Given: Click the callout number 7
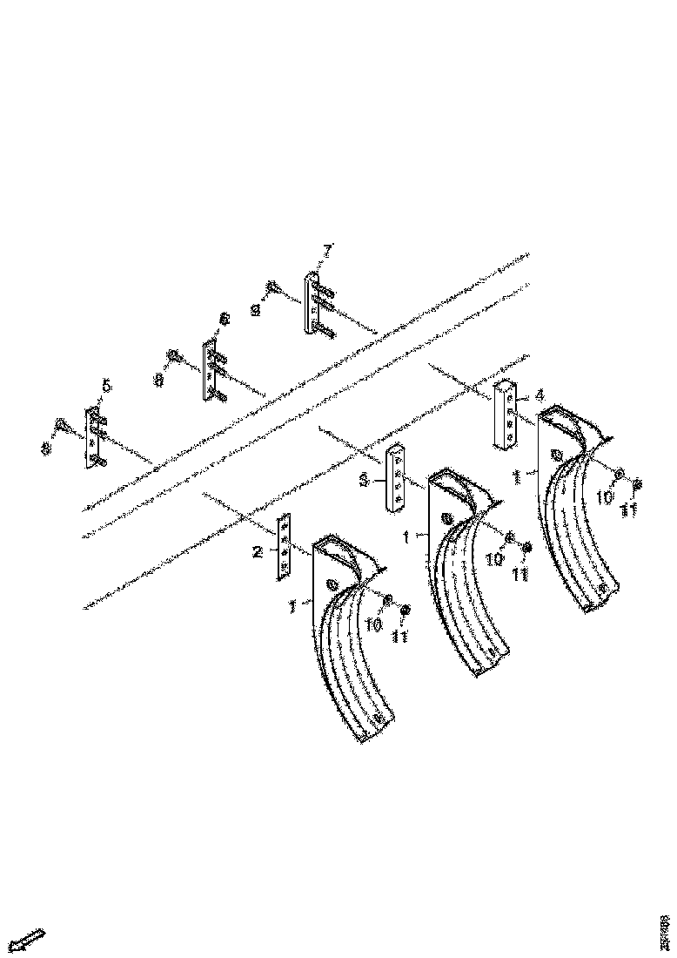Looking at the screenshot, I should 327,251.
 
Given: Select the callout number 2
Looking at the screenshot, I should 258,550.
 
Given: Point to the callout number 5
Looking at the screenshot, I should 106,385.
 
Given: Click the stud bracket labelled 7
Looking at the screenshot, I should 312,302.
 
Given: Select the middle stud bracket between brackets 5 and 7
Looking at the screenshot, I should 210,369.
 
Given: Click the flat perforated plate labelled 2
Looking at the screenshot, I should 285,547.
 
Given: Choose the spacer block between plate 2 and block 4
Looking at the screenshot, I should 396,479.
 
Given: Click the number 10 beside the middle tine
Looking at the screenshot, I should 494,560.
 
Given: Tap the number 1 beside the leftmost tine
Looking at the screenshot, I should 293,604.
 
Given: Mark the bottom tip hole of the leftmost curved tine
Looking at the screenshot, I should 377,717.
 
